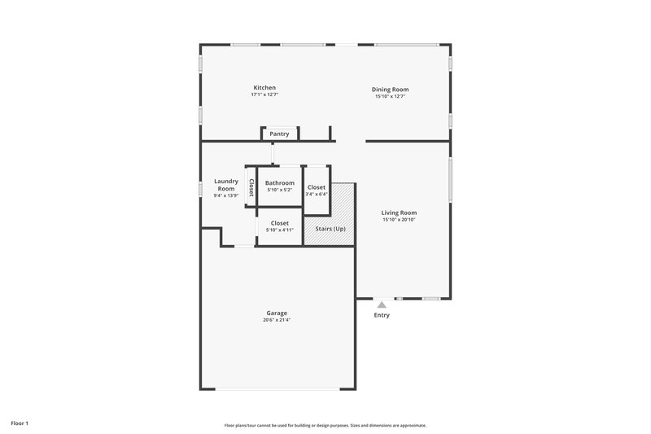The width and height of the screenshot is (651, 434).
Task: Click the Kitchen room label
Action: [264, 88]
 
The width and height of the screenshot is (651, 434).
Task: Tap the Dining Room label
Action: [390, 90]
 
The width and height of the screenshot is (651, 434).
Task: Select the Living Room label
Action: [399, 213]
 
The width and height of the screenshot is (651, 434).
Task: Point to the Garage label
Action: [277, 313]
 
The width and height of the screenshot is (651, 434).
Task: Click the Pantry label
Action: [280, 134]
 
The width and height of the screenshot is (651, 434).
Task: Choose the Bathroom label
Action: [280, 183]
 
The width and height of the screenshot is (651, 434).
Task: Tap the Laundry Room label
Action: [225, 185]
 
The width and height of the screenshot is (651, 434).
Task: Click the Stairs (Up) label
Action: [330, 230]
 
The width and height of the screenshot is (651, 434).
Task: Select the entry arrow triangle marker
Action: [381, 305]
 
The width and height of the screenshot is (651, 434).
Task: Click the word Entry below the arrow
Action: [381, 315]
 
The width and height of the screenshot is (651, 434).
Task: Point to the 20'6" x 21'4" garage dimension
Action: [277, 320]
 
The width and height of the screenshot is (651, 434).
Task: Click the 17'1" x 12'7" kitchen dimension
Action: [264, 95]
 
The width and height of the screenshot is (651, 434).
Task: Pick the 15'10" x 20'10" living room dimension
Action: [399, 220]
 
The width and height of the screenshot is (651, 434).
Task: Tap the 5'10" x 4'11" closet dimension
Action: [280, 230]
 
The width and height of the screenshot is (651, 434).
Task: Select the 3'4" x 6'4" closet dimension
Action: [317, 194]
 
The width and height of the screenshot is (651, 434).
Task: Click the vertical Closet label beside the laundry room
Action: [251, 189]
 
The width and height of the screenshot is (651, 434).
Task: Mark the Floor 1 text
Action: [20, 423]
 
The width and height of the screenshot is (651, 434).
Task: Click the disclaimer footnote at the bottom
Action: [325, 425]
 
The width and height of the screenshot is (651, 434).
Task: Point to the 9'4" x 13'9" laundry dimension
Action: [225, 195]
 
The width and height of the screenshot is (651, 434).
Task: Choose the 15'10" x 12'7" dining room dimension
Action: [390, 97]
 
